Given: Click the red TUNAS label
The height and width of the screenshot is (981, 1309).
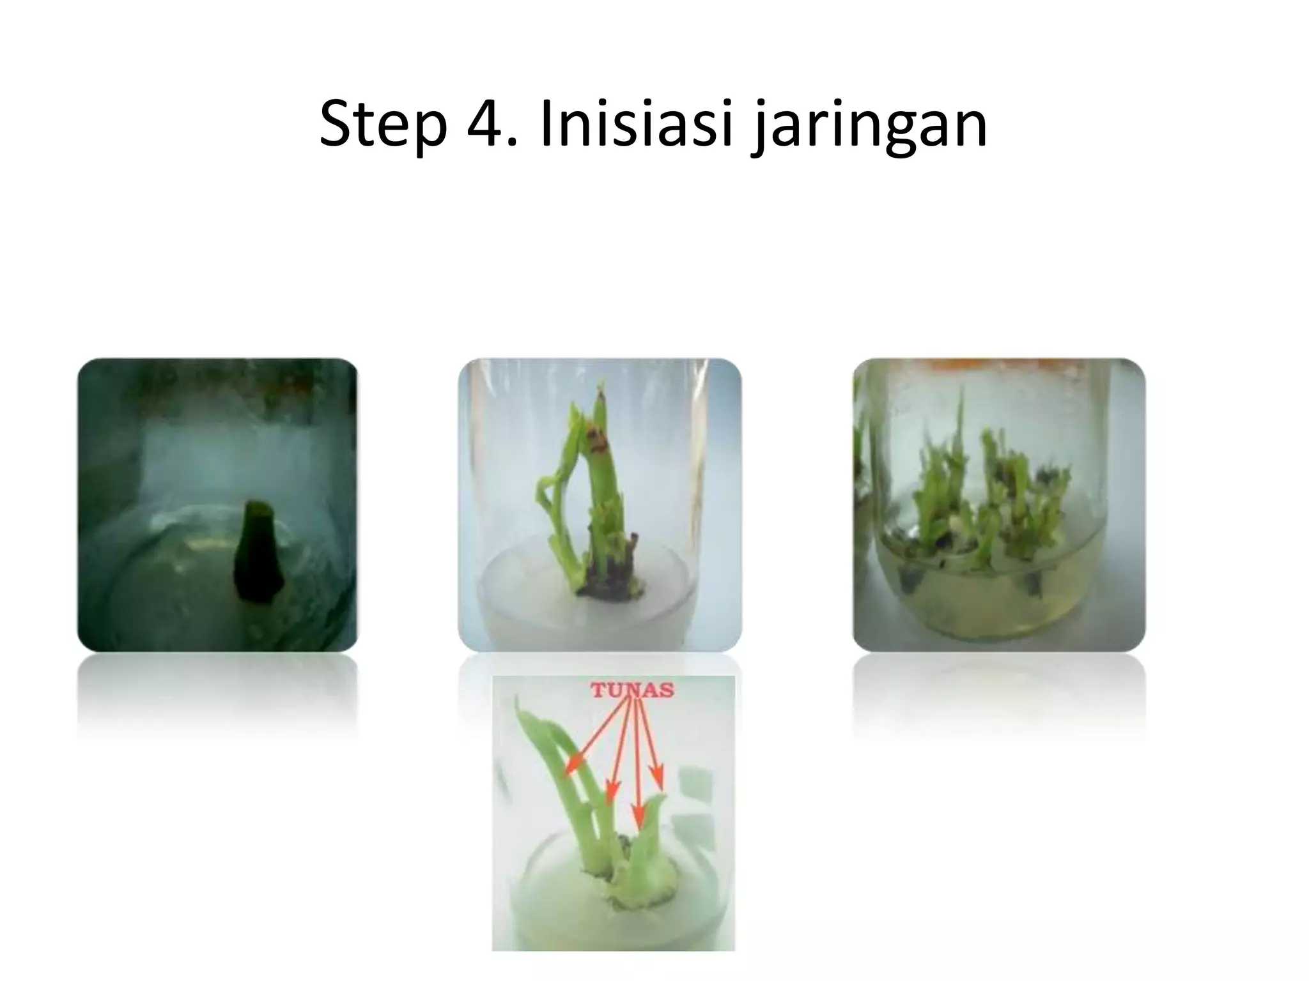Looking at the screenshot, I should [x=631, y=690].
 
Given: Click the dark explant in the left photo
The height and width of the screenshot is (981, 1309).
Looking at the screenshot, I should [x=258, y=552].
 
